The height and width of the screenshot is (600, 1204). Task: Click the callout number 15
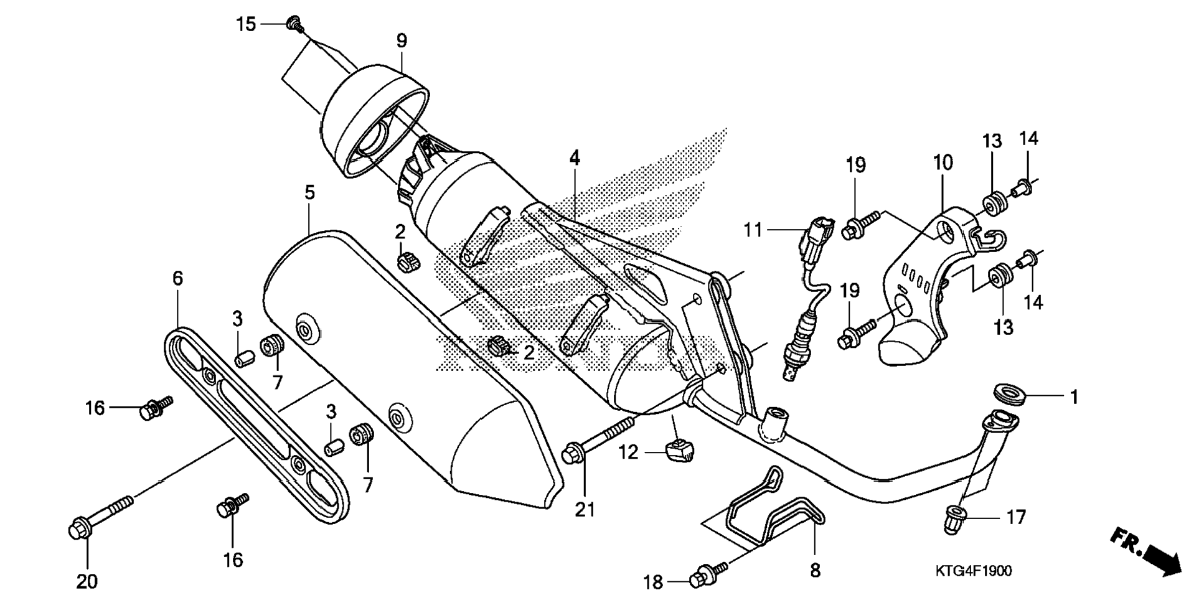[246, 24]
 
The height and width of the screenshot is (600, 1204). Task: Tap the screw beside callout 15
[294, 25]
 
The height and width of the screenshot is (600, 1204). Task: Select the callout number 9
[402, 41]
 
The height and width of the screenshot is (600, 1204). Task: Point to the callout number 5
[309, 193]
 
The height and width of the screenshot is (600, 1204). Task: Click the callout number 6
[178, 278]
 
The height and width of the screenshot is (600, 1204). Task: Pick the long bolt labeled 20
[100, 516]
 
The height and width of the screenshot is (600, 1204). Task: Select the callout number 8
[815, 569]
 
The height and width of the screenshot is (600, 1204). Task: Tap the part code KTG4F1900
[973, 571]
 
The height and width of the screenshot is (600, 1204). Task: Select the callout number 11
[753, 230]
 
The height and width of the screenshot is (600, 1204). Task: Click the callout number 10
[943, 163]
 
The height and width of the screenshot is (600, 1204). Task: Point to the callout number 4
[574, 158]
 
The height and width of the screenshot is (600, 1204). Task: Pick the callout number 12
[629, 452]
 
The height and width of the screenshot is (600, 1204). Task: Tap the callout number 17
[1016, 517]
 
